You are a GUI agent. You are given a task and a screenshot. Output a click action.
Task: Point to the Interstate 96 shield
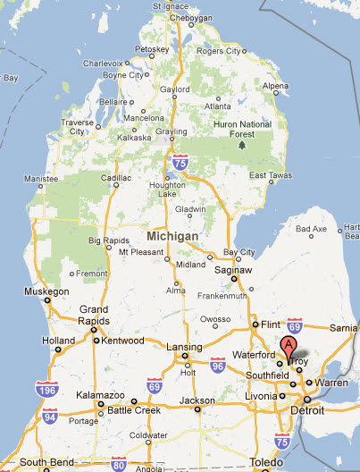point(217,365)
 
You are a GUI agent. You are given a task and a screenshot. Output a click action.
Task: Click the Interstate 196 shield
point(45,389)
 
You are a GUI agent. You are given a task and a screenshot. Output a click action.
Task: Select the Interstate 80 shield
point(119,463)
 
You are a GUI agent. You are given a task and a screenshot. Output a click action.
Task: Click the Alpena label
point(275,86)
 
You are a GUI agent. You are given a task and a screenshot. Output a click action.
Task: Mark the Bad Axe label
point(311,230)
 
